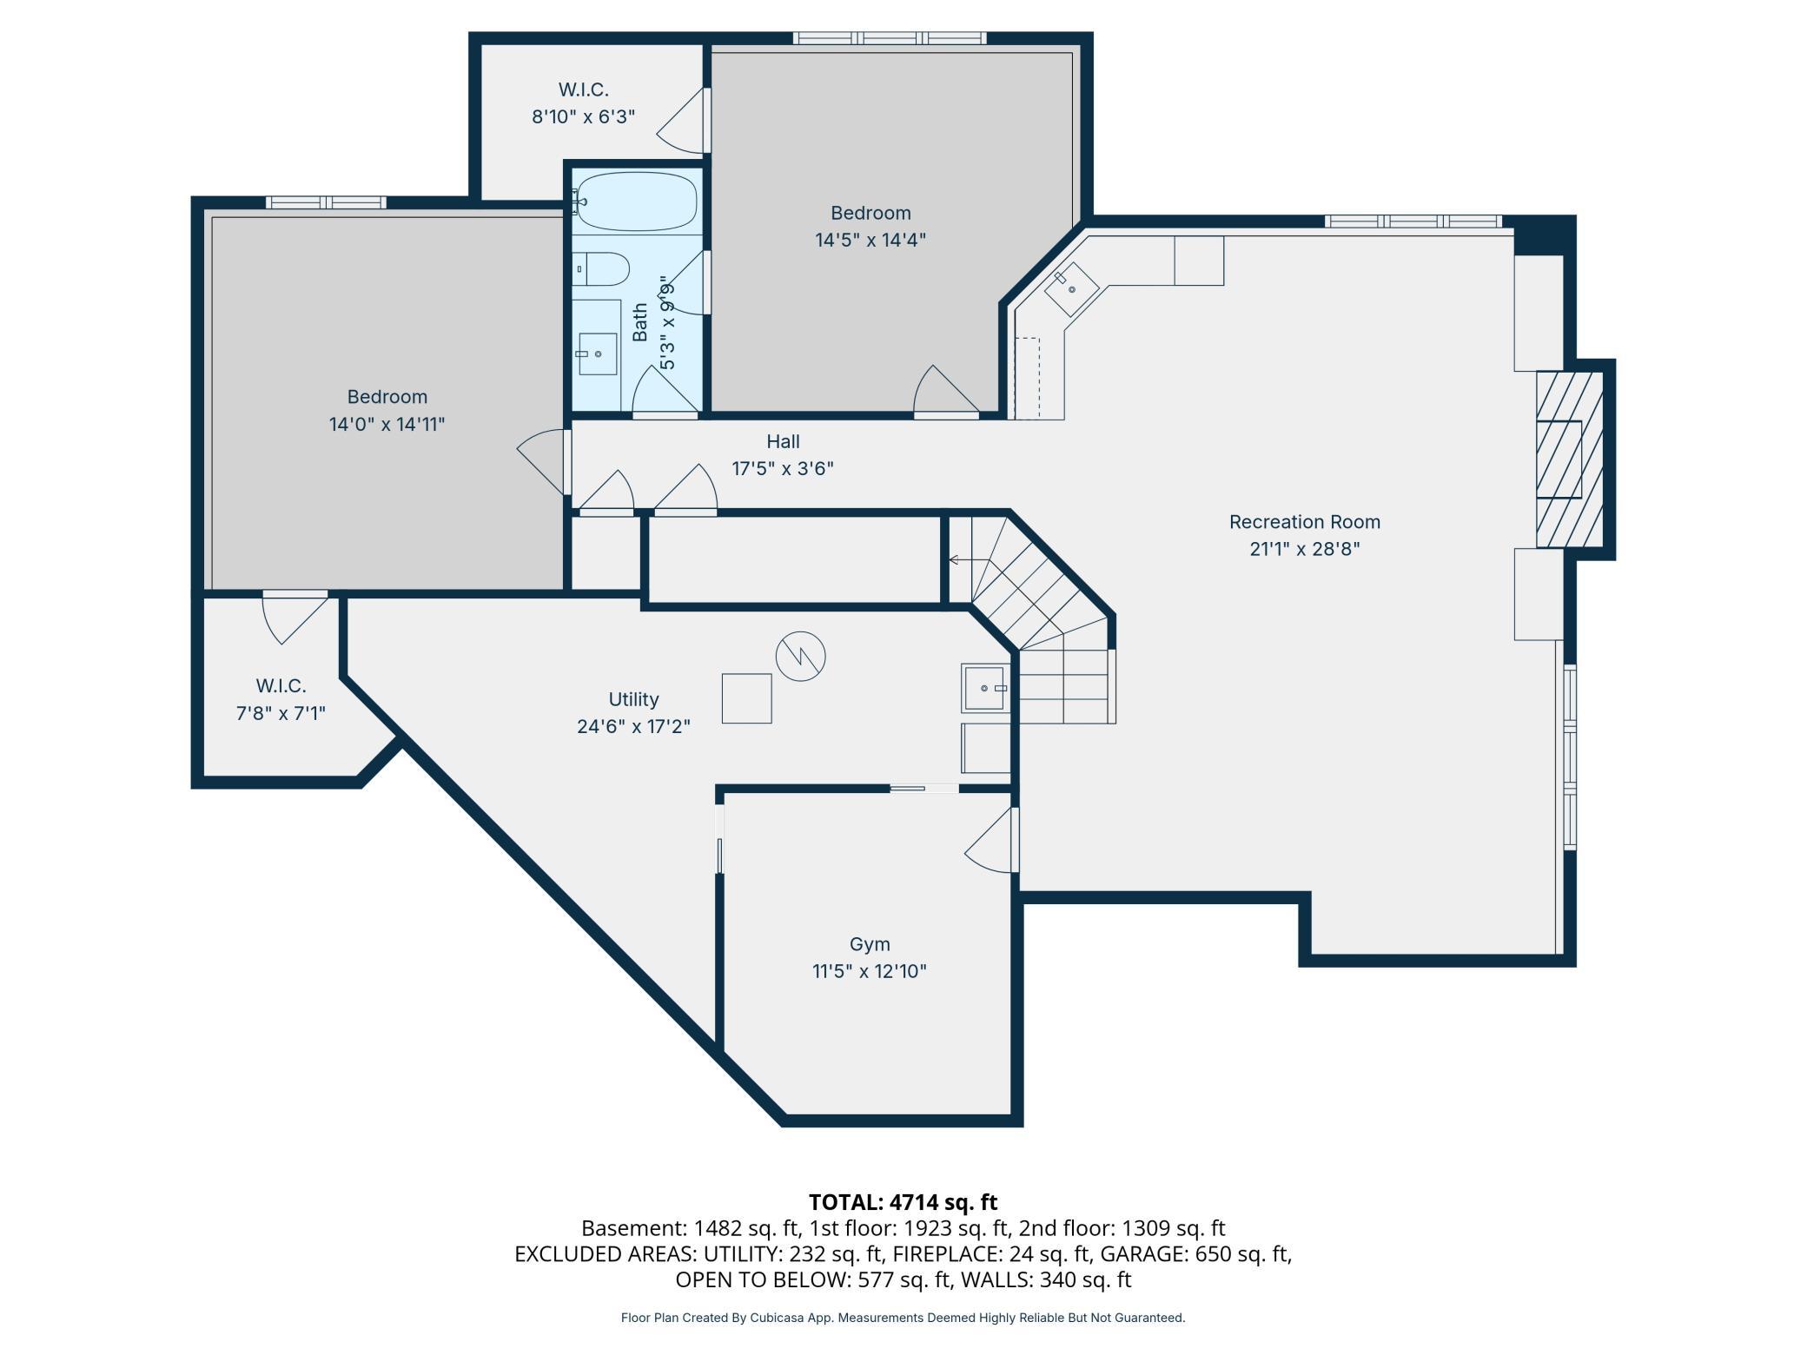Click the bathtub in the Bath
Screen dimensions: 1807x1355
point(637,200)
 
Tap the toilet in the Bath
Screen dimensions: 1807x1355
point(600,269)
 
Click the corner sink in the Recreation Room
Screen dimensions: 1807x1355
point(1071,289)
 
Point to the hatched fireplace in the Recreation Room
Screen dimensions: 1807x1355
point(1569,459)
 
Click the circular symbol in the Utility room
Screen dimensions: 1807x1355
point(800,656)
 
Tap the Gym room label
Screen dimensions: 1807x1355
point(870,944)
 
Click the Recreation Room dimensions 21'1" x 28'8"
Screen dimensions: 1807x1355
point(1304,549)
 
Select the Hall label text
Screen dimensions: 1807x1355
point(783,441)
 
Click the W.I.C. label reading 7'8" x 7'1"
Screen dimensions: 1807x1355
point(281,713)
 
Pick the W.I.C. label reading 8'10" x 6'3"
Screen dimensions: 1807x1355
point(584,116)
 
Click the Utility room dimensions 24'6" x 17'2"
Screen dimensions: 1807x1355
point(633,726)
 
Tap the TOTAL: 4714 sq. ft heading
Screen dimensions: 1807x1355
point(903,1202)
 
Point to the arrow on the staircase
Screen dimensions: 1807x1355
point(969,560)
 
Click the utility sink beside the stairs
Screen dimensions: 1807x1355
point(985,688)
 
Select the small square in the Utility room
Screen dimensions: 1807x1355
point(746,698)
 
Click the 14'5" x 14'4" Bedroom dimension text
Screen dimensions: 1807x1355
point(870,240)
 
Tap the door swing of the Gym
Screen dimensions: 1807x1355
point(990,840)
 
